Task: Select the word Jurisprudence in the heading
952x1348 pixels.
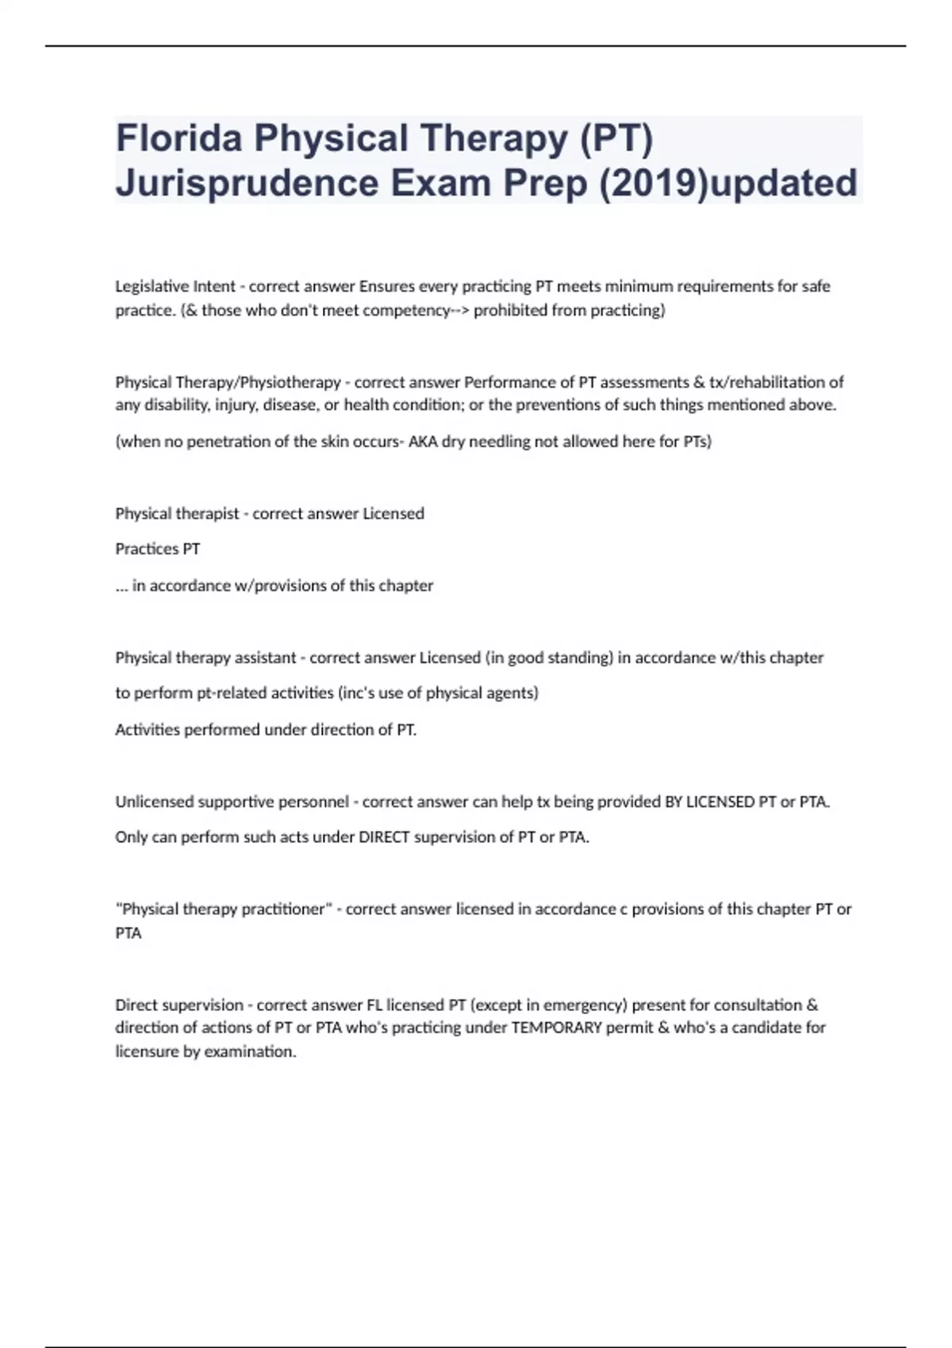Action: pyautogui.click(x=247, y=183)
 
